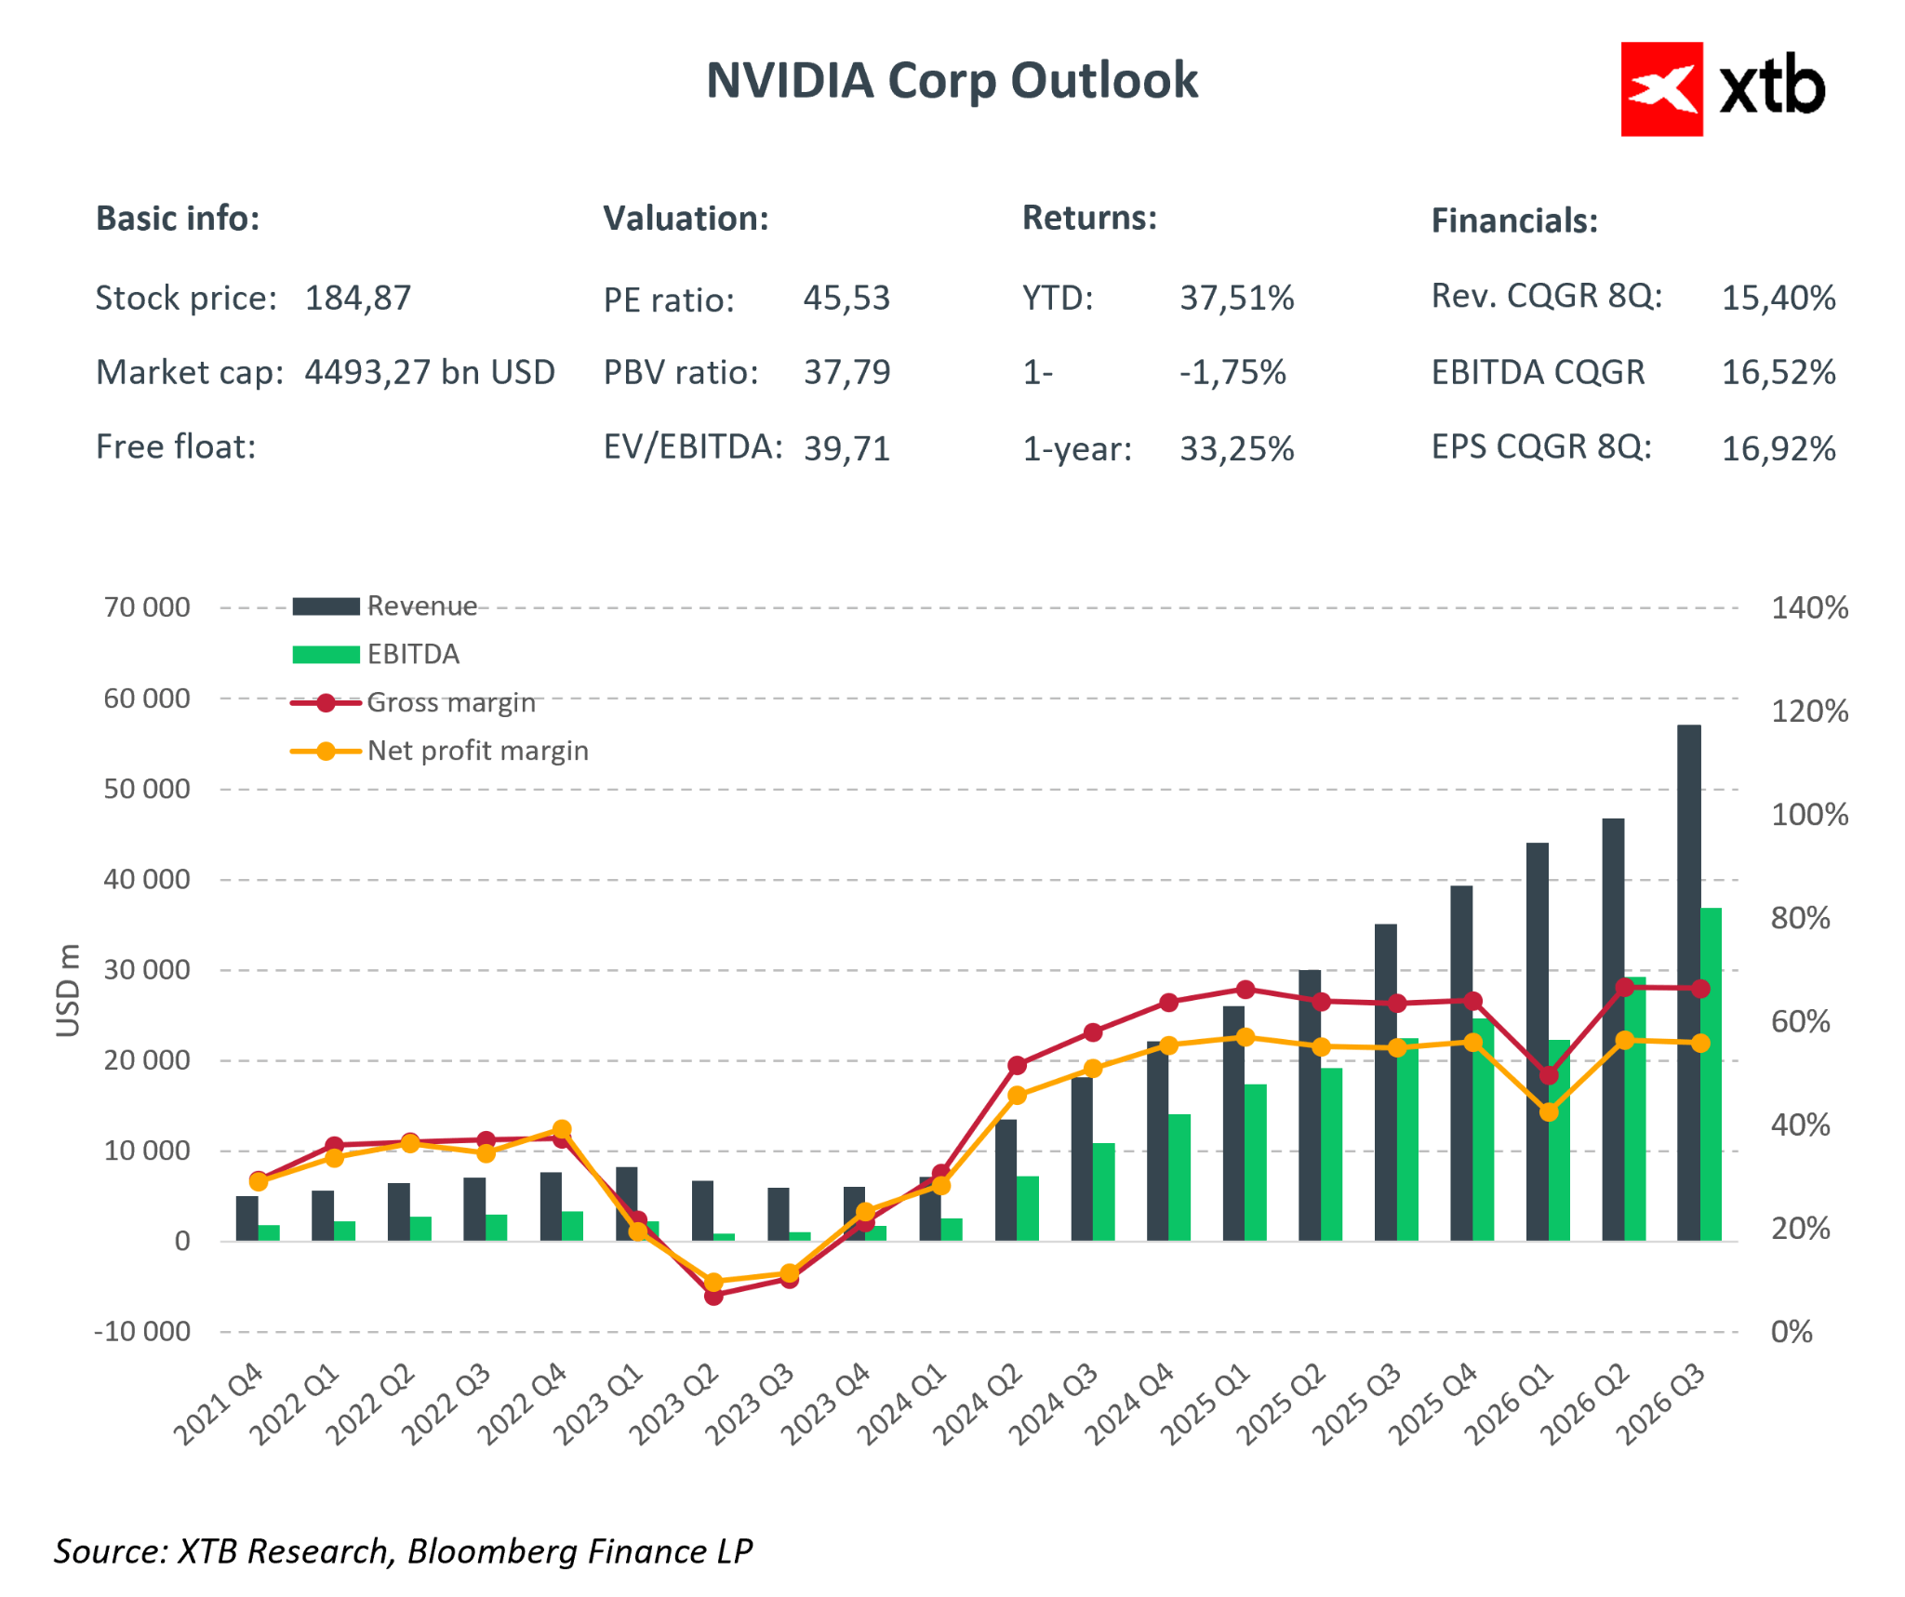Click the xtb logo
click(1723, 89)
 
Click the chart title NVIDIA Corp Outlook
click(952, 80)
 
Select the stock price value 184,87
click(358, 299)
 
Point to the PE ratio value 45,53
click(846, 299)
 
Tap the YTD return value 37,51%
click(1237, 299)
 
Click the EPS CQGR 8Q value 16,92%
click(1778, 448)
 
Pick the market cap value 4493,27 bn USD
click(430, 372)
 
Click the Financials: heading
click(1514, 220)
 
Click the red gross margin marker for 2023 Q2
click(713, 1296)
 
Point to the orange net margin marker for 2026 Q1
click(1549, 1111)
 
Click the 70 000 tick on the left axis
click(147, 607)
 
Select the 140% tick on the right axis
click(1809, 608)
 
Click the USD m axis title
click(68, 990)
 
